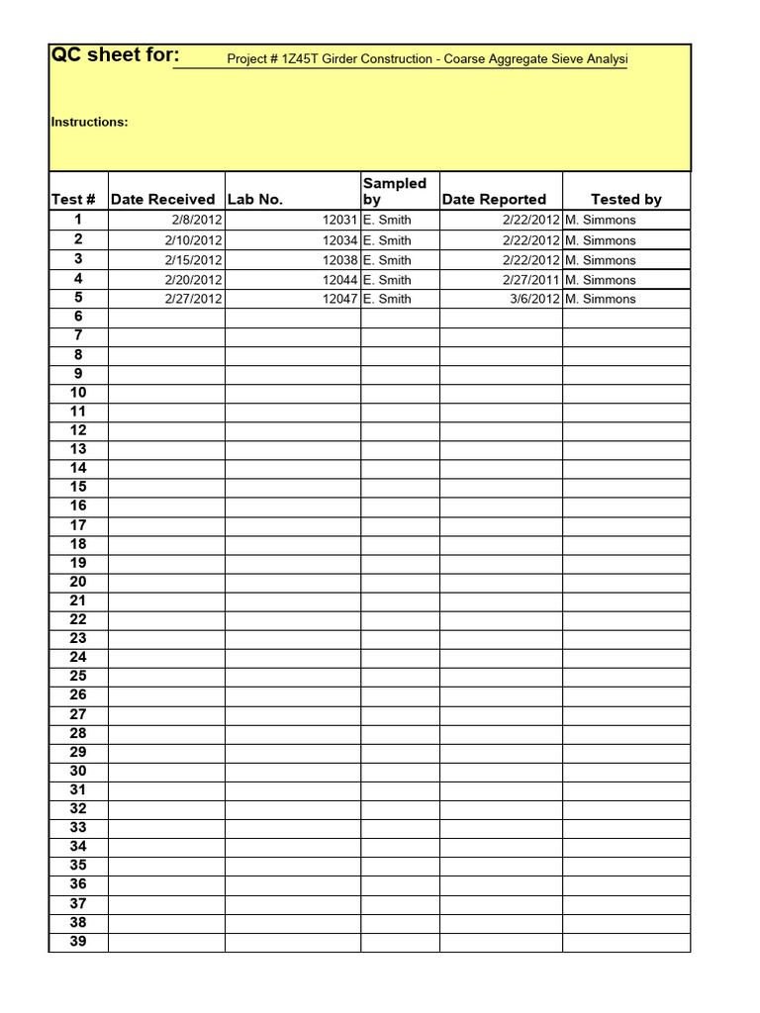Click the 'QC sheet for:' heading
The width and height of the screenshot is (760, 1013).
[115, 55]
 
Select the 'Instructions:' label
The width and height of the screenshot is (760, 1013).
[89, 123]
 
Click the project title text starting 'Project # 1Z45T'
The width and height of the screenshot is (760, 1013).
[427, 60]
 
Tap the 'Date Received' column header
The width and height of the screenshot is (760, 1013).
[162, 200]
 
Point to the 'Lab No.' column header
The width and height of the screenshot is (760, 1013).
[255, 200]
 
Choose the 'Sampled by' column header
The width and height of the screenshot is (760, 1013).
[394, 191]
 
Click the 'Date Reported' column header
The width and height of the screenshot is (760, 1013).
[494, 200]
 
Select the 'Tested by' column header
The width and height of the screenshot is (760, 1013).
[625, 200]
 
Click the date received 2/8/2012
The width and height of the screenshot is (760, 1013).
[197, 221]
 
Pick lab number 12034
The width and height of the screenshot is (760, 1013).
[338, 240]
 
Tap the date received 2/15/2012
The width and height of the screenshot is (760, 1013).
[194, 260]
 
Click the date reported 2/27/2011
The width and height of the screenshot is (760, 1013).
[530, 280]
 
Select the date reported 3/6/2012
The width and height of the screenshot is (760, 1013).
[534, 299]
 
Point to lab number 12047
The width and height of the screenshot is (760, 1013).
[338, 299]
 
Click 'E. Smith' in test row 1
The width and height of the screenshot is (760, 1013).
[387, 221]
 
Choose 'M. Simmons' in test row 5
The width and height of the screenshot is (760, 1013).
[601, 299]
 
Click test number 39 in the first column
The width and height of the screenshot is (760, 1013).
[78, 942]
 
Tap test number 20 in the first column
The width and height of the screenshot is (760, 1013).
[78, 582]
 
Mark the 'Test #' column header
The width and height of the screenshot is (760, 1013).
[73, 200]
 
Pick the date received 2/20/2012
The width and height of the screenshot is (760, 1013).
[194, 280]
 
